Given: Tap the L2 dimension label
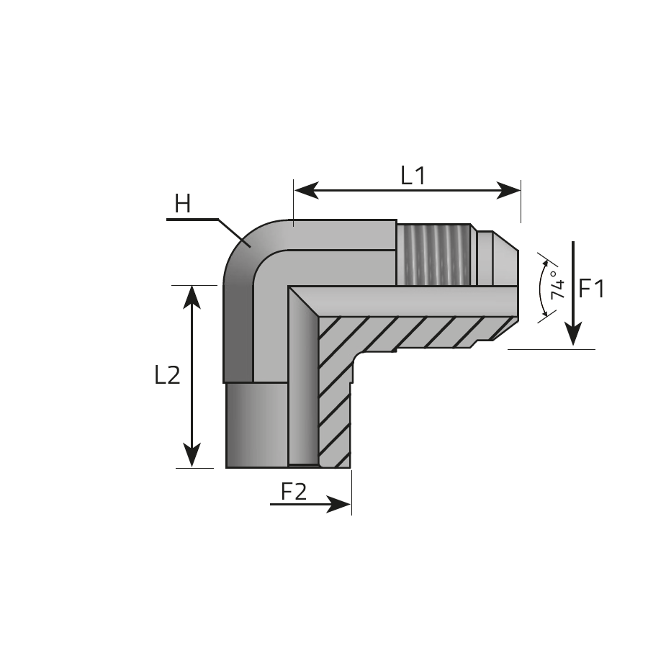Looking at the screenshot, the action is point(167,375).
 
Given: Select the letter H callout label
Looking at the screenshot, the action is point(182,204).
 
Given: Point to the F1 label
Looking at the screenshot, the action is point(591,289).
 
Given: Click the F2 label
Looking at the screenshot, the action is point(294,492).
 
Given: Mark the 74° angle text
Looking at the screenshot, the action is point(557,284).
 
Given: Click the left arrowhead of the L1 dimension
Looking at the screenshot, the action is point(306,190).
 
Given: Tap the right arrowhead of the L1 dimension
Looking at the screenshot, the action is point(508,190).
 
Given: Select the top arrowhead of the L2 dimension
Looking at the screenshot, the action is point(192,297).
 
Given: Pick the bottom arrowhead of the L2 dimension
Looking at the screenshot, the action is point(192,455).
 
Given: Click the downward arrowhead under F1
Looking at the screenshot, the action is point(573,334).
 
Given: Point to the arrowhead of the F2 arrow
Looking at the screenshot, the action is point(338,504).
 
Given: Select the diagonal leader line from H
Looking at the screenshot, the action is point(234,233).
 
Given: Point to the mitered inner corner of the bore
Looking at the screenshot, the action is point(303,301).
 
